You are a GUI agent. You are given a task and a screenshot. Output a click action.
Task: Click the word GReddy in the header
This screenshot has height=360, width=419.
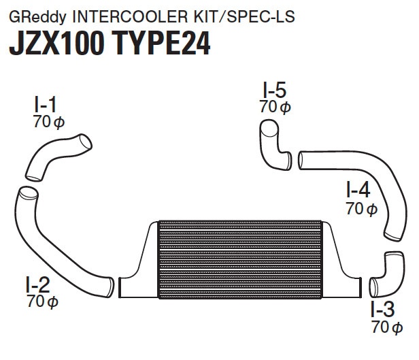(x=37, y=17)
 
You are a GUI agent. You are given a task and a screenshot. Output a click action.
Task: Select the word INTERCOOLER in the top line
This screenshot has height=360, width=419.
(x=130, y=16)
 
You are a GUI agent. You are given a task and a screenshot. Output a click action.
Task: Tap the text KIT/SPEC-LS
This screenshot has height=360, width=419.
(x=244, y=16)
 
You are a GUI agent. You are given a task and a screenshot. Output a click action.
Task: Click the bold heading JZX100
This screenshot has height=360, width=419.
(x=56, y=44)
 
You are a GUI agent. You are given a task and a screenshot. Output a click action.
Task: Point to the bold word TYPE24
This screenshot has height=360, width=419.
(x=162, y=44)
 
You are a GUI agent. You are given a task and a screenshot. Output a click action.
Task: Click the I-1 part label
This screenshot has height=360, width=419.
(x=46, y=105)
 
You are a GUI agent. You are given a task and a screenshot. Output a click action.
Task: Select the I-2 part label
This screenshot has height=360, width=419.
(x=38, y=284)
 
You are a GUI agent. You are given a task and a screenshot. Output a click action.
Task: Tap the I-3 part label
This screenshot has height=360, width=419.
(x=383, y=309)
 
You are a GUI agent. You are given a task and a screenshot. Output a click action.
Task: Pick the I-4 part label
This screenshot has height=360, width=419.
(x=358, y=190)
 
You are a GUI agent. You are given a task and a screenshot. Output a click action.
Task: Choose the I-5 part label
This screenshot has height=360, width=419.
(x=275, y=90)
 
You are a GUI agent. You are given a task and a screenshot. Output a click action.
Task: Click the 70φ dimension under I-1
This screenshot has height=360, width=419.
(x=49, y=122)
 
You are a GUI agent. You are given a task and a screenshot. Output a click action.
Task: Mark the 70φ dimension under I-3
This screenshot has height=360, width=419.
(x=387, y=327)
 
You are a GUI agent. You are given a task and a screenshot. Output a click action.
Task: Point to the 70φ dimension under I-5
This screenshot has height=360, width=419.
(x=275, y=107)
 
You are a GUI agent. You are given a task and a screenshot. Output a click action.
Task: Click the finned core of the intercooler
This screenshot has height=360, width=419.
(x=241, y=259)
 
